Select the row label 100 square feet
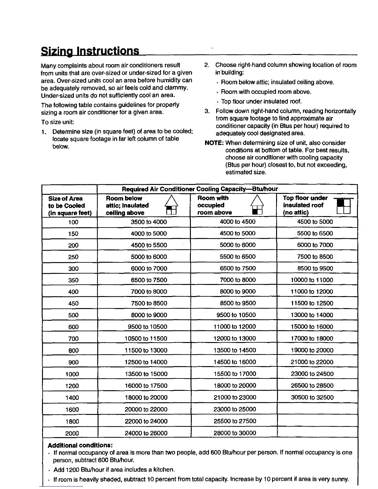pos(73,222)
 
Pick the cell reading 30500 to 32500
pos(312,397)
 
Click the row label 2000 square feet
pos(72,433)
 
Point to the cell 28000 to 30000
pos(235,433)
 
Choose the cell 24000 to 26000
pos(146,433)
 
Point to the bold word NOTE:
pos(214,143)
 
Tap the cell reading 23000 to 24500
pos(312,374)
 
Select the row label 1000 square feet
pos(72,374)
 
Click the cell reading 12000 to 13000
pos(235,338)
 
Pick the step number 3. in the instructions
pos(207,111)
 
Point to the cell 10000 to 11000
pos(312,280)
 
